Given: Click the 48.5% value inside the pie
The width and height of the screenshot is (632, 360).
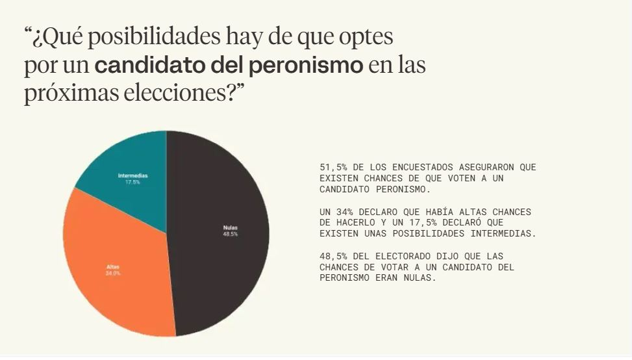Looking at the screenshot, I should coord(230,234).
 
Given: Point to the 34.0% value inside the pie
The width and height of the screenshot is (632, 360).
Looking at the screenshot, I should coord(113,274).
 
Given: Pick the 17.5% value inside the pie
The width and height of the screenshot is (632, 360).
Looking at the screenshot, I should coord(133,182).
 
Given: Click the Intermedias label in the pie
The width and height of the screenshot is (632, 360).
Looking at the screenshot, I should coord(133,176).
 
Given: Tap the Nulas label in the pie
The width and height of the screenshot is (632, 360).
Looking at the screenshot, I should coord(230,227).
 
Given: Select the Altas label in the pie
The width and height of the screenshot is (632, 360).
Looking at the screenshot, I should coord(113,267).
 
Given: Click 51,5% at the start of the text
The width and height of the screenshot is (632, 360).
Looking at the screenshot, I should coord(333,167).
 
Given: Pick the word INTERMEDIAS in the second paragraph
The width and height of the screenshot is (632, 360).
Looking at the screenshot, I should coord(507,233).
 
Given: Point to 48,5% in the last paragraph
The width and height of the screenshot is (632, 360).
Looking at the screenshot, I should coord(333,256).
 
